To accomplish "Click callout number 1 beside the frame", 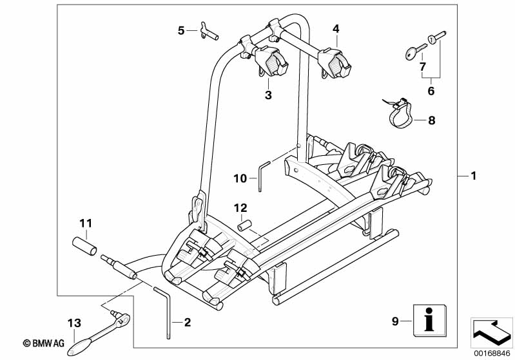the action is tap(473, 176).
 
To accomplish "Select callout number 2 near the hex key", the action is tap(188, 322).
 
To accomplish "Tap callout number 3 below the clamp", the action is tap(268, 95).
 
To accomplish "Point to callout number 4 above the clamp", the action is tap(336, 29).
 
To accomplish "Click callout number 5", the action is tap(181, 31).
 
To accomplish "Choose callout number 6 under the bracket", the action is tap(431, 91).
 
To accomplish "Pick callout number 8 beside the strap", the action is tap(432, 120).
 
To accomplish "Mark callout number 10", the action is tap(240, 178).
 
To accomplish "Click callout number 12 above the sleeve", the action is tap(240, 208).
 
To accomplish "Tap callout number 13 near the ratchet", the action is tap(74, 323).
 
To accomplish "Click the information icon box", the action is tap(430, 320).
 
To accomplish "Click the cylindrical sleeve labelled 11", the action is tap(84, 247).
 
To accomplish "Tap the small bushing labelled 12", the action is tap(244, 225).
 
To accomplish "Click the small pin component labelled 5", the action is tap(209, 32).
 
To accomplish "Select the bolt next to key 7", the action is tap(436, 37).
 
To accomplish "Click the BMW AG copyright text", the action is tap(44, 343).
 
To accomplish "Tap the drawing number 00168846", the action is tap(492, 354).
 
